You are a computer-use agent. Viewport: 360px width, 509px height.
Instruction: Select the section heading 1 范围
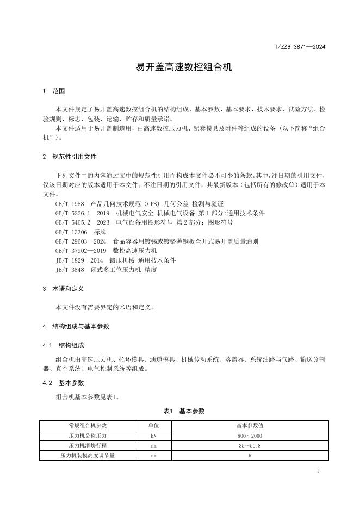tap(54, 90)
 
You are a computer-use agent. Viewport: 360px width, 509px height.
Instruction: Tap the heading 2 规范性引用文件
tap(69, 157)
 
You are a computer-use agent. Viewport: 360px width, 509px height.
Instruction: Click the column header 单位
tap(154, 425)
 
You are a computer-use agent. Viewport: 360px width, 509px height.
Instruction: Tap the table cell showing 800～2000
tap(250, 436)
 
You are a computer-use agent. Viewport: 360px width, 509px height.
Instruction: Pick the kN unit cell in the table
tap(154, 436)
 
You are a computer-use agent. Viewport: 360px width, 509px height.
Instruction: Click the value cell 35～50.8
tap(250, 445)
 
